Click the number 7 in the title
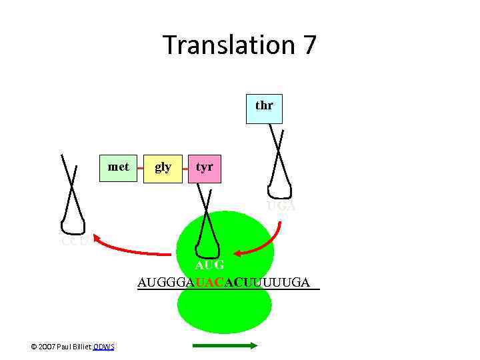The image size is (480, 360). (309, 45)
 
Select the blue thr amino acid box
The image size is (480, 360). (264, 106)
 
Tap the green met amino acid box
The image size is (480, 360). (119, 167)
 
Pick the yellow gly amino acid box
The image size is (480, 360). (163, 167)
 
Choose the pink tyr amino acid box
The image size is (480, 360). (204, 167)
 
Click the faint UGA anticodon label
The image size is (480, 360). (281, 207)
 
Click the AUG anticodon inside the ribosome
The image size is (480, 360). (209, 265)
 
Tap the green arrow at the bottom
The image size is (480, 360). (225, 345)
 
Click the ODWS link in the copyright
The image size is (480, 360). (103, 346)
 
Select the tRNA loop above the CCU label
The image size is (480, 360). (71, 223)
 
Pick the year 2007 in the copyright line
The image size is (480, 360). (47, 346)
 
